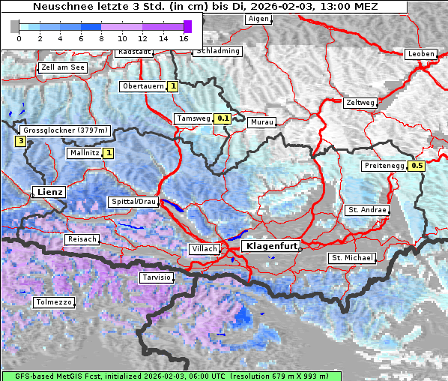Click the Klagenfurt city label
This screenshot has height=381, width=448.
point(273,246)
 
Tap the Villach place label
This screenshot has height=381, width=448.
point(205,249)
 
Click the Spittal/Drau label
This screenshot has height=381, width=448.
point(133,202)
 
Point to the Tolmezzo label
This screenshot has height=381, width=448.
point(54,302)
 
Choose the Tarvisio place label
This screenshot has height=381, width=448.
point(157,277)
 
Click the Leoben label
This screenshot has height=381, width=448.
point(420,54)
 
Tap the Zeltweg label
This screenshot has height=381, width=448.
point(360,103)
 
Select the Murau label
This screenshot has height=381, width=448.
point(262,121)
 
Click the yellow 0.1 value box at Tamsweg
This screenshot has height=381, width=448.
point(223,118)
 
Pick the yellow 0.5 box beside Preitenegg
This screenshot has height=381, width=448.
point(417,166)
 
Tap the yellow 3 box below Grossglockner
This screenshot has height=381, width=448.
point(20,140)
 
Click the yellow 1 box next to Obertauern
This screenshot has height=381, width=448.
point(173,86)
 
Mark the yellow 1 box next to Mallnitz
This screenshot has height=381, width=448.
point(108,153)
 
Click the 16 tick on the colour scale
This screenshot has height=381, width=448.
point(184,37)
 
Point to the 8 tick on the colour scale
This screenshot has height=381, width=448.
point(101,37)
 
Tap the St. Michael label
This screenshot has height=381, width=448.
point(351,258)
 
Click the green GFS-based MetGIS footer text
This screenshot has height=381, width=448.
point(171,376)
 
